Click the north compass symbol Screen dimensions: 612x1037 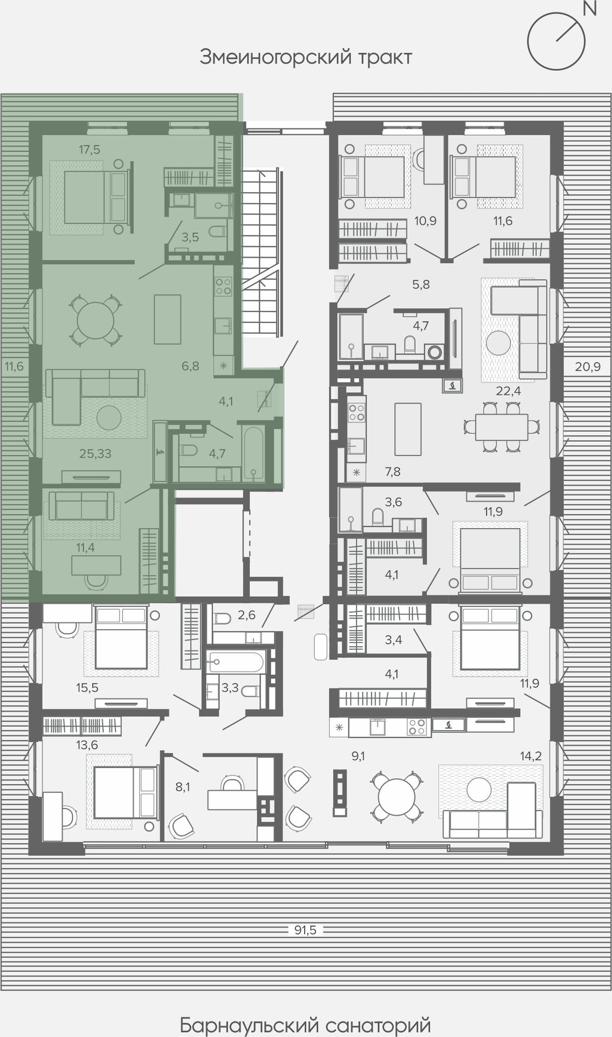pos(556,41)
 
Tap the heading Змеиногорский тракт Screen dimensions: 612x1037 pos(306,57)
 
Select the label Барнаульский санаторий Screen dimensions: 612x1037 pos(306,1025)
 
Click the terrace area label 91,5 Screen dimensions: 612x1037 pos(305,930)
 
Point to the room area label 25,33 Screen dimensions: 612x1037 pos(95,454)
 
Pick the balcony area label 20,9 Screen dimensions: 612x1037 pos(588,367)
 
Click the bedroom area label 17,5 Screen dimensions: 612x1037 pos(90,150)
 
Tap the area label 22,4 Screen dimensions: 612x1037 pos(508,390)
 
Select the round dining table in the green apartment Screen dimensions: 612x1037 pos(95,320)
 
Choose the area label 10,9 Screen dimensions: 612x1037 pos(426,220)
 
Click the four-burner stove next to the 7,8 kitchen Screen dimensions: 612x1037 pos(356,412)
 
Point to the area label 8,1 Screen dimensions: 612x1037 pos(183,787)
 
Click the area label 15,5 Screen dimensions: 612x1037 pos(87,688)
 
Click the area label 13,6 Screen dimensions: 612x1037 pos(87,745)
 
